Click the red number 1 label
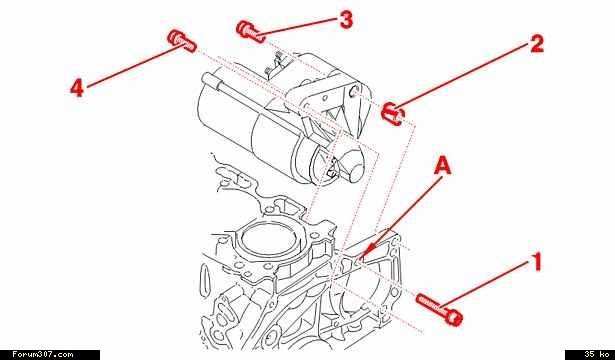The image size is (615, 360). coord(537,262)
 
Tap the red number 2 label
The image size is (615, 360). coord(537,44)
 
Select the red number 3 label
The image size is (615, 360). coord(346,19)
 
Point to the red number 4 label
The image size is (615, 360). coord(77,87)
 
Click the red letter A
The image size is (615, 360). coord(443,165)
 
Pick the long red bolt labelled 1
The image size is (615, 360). coord(440,309)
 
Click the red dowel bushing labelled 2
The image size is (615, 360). coord(393,114)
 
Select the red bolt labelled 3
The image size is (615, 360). coord(251,31)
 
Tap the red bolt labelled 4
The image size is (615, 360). coord(182,41)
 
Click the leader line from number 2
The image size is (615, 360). coord(463,76)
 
